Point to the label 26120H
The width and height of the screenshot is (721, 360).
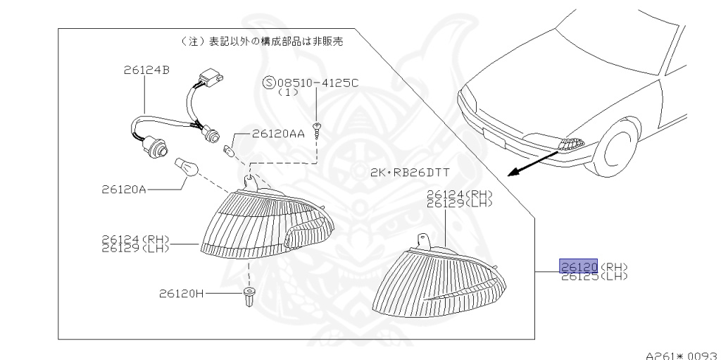click(182, 293)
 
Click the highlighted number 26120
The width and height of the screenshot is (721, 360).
click(579, 266)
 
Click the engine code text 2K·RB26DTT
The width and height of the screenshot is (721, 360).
click(410, 173)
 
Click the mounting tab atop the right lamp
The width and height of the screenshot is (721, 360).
click(422, 240)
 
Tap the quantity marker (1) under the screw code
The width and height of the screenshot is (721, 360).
click(289, 92)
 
